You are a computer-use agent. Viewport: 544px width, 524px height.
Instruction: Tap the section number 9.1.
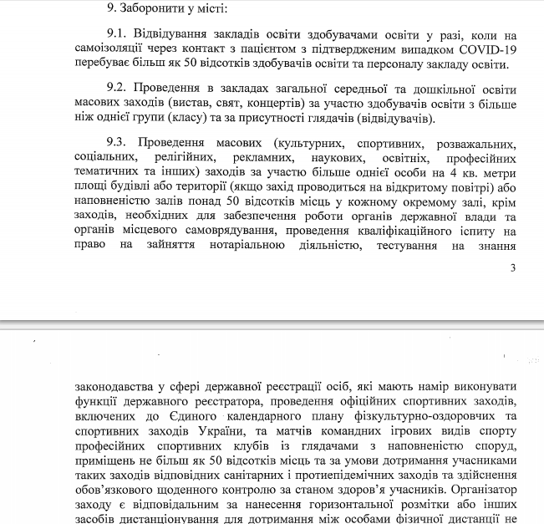(x=119, y=35)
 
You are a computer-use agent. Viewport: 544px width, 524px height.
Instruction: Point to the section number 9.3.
(x=119, y=144)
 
